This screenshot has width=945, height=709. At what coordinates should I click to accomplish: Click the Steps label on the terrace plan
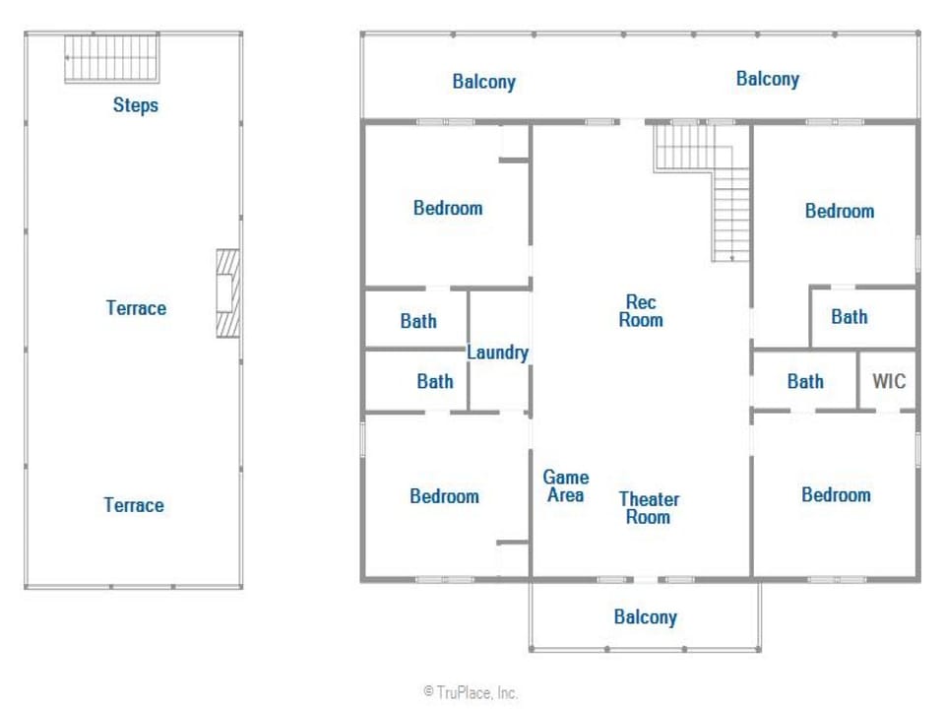click(136, 105)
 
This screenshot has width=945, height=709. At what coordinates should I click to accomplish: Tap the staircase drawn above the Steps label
click(112, 58)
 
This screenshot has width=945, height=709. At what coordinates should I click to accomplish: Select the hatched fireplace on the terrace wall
click(227, 293)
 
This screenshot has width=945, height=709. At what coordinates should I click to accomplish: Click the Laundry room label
click(498, 353)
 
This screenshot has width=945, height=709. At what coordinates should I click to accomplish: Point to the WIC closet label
click(889, 381)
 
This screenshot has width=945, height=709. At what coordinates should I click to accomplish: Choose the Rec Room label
click(641, 310)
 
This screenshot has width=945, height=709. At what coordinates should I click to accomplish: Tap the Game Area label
click(566, 485)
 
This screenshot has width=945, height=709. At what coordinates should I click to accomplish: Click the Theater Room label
click(649, 508)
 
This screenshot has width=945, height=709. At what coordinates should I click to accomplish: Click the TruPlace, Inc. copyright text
click(471, 692)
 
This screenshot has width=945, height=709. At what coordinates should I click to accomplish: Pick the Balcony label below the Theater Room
click(646, 616)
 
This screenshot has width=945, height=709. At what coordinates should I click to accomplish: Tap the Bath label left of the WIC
click(805, 381)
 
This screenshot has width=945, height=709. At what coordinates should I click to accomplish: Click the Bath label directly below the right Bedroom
click(850, 316)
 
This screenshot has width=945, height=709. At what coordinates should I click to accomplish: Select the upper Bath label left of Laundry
click(418, 321)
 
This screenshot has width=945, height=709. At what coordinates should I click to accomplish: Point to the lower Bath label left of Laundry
click(434, 381)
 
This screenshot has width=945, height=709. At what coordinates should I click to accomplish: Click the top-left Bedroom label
click(448, 208)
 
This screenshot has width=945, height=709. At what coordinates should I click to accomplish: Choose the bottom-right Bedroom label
click(836, 495)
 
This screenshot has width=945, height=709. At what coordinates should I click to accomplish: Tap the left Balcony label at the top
click(484, 82)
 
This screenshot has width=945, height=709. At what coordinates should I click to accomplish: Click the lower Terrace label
click(134, 504)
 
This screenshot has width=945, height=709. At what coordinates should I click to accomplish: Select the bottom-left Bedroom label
click(444, 496)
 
